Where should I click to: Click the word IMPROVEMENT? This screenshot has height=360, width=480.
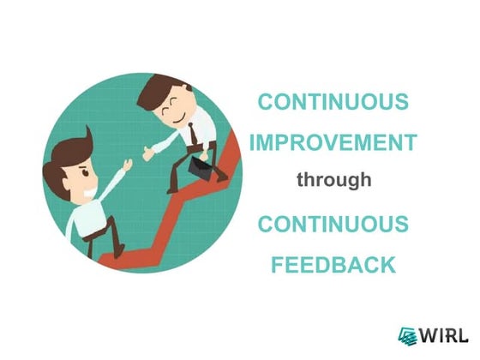click(333, 141)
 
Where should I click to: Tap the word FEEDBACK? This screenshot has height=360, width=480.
click(333, 263)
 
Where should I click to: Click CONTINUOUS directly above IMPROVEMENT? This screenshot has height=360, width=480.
click(333, 102)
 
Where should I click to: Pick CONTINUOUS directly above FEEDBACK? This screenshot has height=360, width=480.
click(333, 225)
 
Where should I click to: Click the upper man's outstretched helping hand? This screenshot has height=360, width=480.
click(150, 153)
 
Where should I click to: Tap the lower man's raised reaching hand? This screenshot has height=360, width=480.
click(126, 166)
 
